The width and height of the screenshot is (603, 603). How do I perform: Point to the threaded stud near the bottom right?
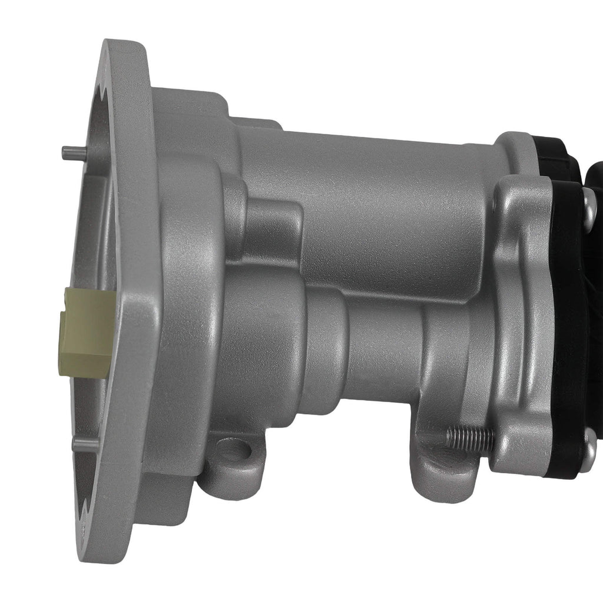point(469,437)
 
